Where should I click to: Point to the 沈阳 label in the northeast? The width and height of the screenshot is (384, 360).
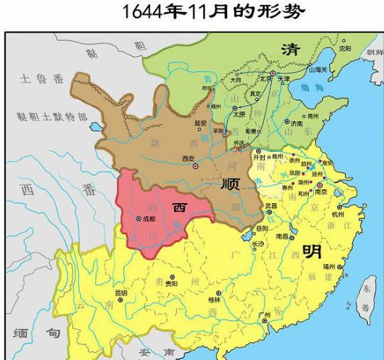click(x=345, y=49)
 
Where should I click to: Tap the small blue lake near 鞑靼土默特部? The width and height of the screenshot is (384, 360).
click(x=94, y=129)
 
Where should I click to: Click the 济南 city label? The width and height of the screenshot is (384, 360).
click(x=296, y=122)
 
